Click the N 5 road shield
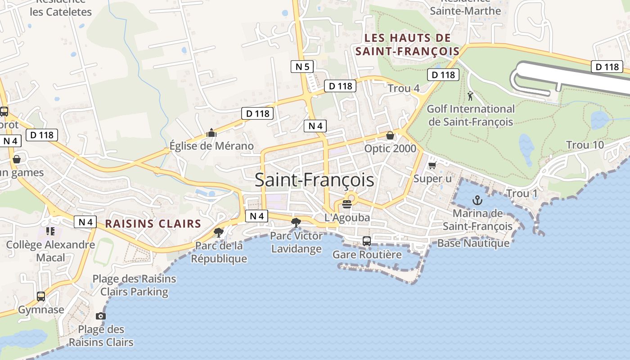coord(302,67)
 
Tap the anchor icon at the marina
coord(477,200)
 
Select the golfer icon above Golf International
coord(471,95)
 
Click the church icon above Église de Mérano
coord(211,133)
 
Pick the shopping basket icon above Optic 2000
coord(390,135)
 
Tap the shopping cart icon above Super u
coord(432,166)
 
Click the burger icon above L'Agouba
coord(346,204)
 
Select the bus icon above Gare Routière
coord(367,241)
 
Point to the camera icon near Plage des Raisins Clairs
coord(101,316)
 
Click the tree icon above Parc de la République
coord(219,232)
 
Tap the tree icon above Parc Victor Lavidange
coord(296,222)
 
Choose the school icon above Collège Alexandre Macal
coord(50,231)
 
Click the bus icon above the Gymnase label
coord(41,296)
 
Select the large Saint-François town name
coord(314,180)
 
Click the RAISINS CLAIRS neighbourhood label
coord(153,224)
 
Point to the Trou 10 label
coord(585,145)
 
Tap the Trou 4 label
coord(404,88)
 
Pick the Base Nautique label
coord(473,243)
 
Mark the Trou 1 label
coord(522,193)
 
